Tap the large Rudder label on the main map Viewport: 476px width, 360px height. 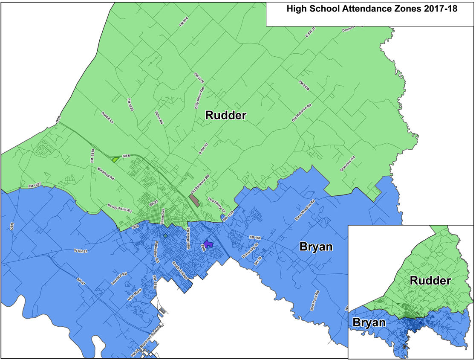226,115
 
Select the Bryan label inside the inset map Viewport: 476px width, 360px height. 369,323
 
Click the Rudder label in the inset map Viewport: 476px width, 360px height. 430,281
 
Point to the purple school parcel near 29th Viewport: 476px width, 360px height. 208,244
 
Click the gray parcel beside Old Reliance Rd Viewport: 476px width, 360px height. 194,200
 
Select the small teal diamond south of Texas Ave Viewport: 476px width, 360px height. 165,235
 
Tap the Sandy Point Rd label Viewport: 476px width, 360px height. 120,208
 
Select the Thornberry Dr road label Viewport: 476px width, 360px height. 216,204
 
